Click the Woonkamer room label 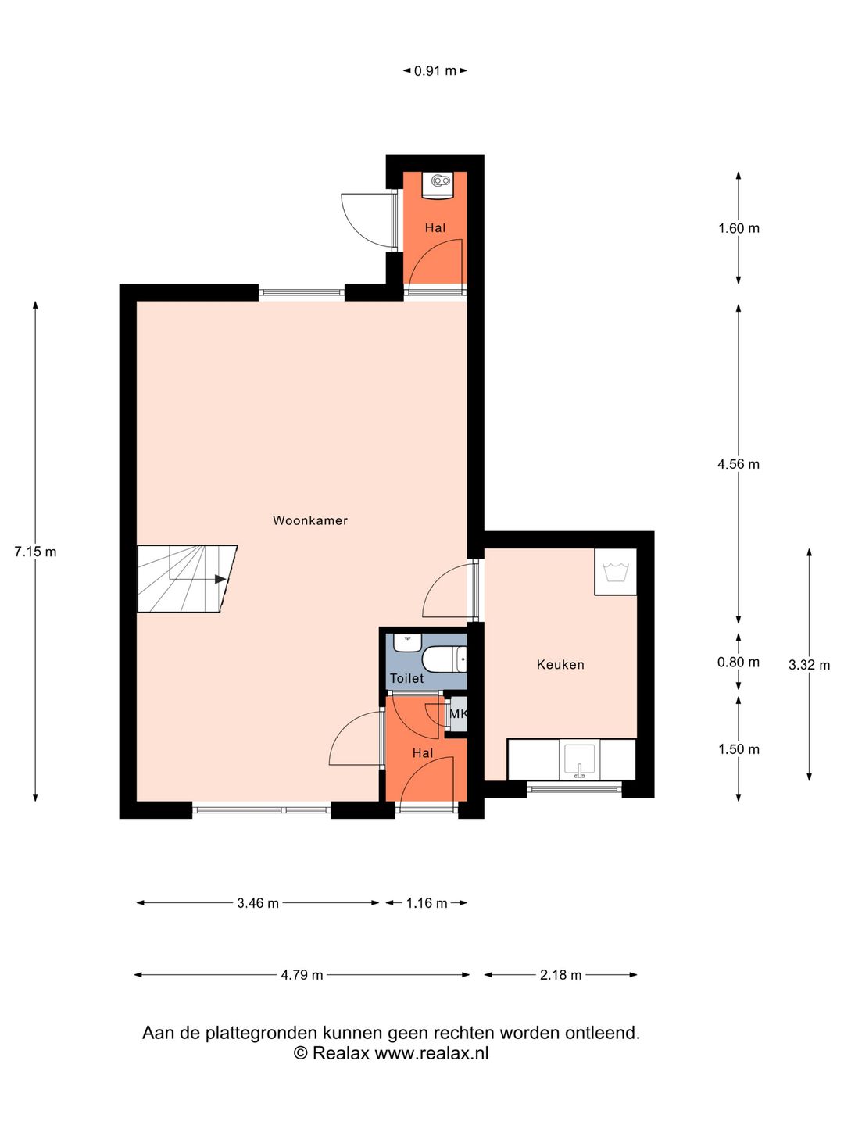point(310,521)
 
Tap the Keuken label point(560,665)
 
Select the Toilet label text point(406,679)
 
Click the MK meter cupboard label point(458,713)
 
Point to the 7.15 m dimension point(35,552)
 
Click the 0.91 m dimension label point(435,71)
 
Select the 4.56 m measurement point(738,464)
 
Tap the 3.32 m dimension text point(809,666)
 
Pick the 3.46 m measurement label point(258,917)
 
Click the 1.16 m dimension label point(427,917)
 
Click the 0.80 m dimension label point(738,662)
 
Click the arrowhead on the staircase point(220,579)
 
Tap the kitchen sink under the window point(580,762)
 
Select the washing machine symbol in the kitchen point(616,572)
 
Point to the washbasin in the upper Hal point(438,184)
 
